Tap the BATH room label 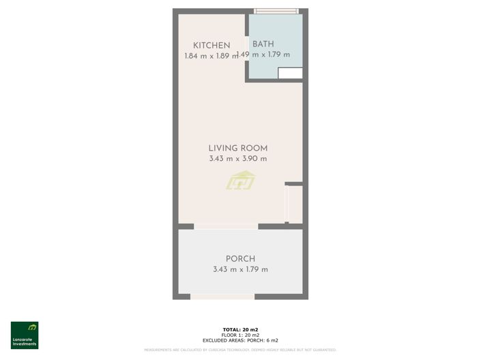[263, 44]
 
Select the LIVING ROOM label [237, 148]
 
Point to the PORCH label [240, 258]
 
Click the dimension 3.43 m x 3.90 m [237, 159]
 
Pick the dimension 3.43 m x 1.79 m [240, 269]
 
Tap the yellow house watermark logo [240, 181]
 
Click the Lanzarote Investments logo [25, 335]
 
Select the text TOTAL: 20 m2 [240, 329]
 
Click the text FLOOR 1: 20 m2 [240, 334]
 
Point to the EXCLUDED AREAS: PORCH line [240, 340]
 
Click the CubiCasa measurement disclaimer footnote [240, 350]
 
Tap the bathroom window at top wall [276, 11]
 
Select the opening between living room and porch [226, 226]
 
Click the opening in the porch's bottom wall [222, 296]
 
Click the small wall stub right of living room [293, 183]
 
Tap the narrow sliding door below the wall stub [287, 204]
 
